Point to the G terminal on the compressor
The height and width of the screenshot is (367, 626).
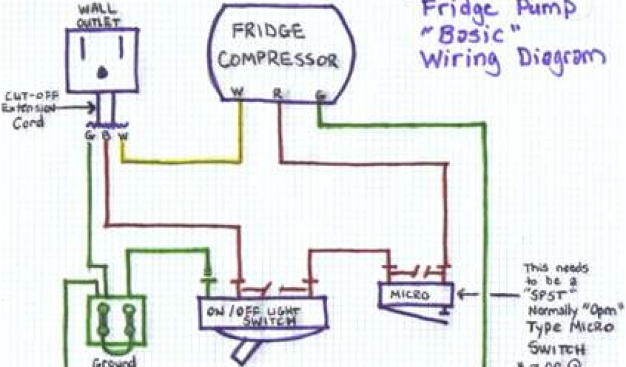coord(319,95)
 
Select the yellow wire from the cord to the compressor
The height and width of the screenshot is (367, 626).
coord(183,160)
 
